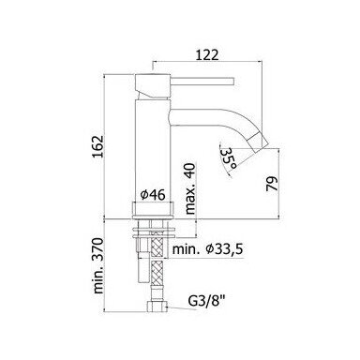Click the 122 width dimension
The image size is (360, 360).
pos(206,55)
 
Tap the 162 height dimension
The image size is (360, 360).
pos(97,146)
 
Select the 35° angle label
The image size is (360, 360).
pos(228,157)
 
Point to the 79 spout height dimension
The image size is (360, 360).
pos(272,184)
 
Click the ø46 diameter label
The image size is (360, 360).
pos(153,195)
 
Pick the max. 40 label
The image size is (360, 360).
pos(190,188)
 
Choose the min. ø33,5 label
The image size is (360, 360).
pos(208,249)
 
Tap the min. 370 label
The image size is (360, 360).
pos(97,265)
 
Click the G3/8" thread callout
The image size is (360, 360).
pos(206,302)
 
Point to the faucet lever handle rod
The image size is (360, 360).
pos(202,81)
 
